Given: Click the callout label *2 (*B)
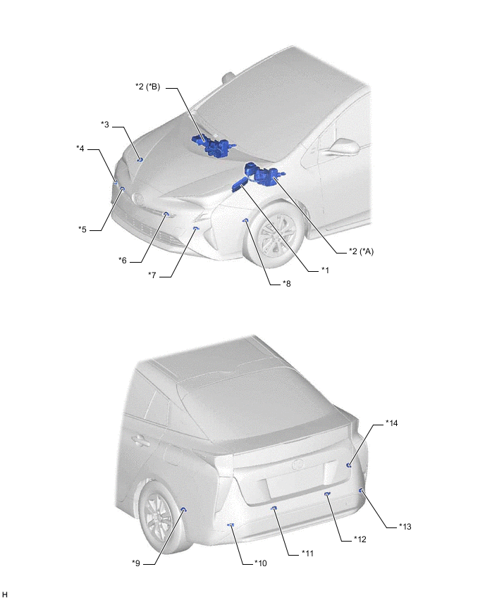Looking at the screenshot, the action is pos(147,87).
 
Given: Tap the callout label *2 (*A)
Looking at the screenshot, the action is pos(361,251).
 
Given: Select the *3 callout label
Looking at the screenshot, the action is pos(105,125).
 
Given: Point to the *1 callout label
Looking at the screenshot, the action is pos(325,270).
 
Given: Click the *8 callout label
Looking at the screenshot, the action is pos(286,284).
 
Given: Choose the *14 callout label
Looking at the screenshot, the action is pos(391,423).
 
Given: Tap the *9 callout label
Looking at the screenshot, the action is pos(136,563).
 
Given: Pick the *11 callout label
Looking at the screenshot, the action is pos(307,554).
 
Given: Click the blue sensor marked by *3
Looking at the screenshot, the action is pos(140,159).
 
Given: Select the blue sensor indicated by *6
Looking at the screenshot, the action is pos(166,214).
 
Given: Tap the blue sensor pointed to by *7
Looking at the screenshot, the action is pos(196,228).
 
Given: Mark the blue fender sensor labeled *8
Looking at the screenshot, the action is pos(246,220).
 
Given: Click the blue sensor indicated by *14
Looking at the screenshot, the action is pos(349,465).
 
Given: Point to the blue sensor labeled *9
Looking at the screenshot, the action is pos(183,509).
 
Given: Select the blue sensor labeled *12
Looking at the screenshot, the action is pos(327,494).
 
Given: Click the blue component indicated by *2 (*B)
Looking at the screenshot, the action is pos(213,145).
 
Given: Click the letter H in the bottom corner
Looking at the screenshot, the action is pos(5,594).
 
